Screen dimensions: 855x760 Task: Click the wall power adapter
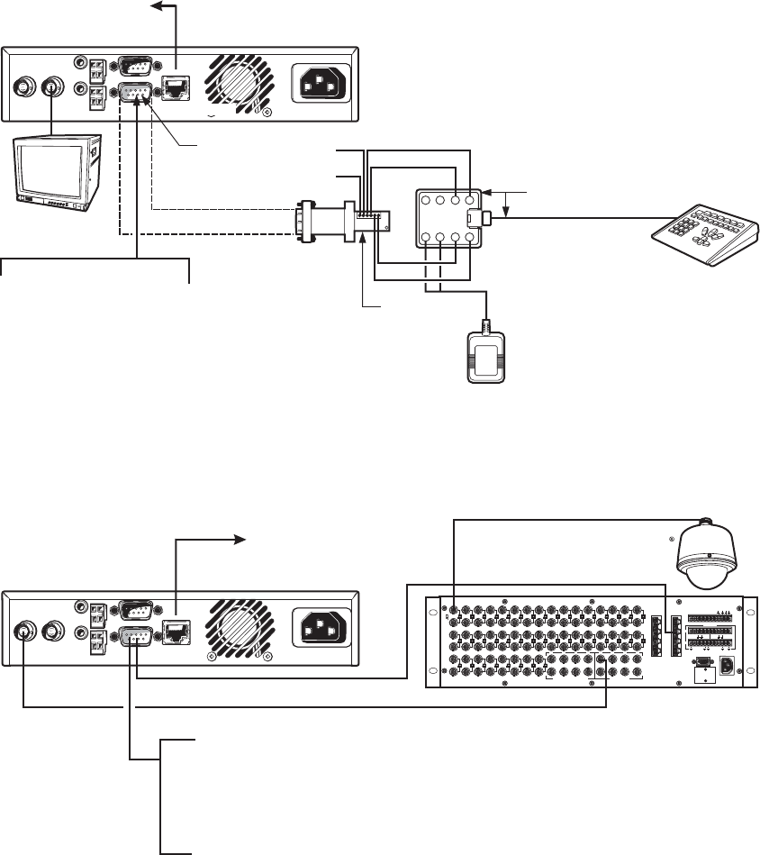click(x=486, y=357)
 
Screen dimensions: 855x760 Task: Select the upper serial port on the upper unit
click(x=137, y=65)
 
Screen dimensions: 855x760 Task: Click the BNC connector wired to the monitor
click(x=50, y=87)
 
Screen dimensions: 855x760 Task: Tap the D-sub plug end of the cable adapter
click(x=303, y=222)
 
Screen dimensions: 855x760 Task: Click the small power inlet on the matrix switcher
click(x=728, y=667)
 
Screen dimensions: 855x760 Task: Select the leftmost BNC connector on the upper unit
click(x=24, y=87)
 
